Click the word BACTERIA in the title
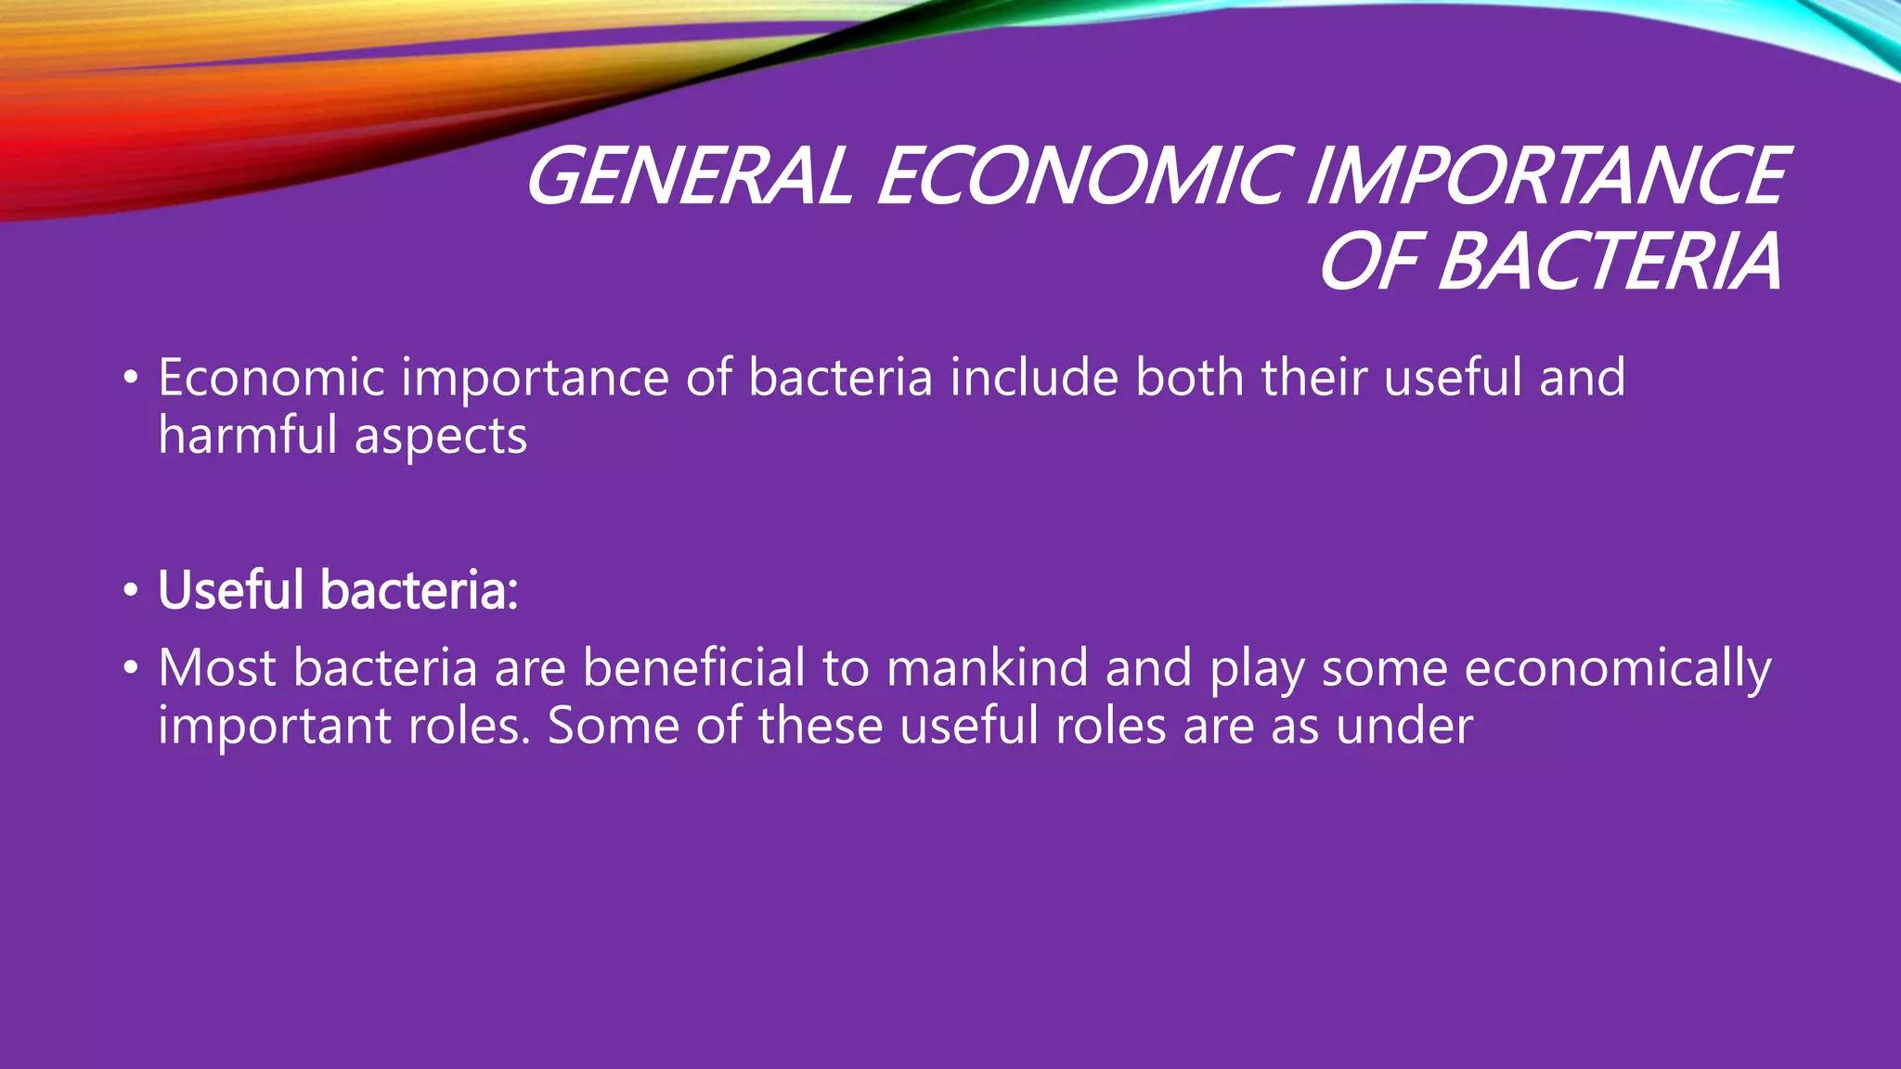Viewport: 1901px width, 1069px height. point(1610,262)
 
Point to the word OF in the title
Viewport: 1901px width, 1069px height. point(1368,262)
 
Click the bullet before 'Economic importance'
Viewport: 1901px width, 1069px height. point(131,379)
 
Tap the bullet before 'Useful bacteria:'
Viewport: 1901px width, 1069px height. point(131,590)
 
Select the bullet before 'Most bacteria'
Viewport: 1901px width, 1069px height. point(131,668)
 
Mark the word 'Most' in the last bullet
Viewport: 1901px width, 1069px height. point(217,667)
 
